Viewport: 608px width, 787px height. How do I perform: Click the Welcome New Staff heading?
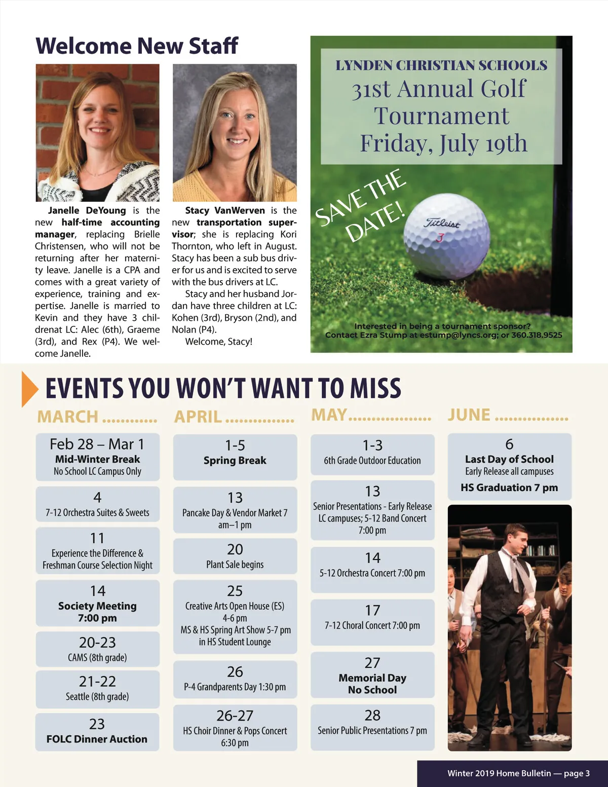click(x=136, y=46)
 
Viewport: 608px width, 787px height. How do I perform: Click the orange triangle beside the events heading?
click(x=29, y=389)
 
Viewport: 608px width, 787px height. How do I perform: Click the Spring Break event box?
click(x=235, y=456)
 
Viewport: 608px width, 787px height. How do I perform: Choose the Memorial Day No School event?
click(x=372, y=676)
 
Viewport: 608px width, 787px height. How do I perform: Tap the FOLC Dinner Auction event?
click(x=97, y=732)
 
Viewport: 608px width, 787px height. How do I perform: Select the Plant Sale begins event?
click(x=235, y=556)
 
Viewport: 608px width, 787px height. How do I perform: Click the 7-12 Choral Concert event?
click(x=372, y=622)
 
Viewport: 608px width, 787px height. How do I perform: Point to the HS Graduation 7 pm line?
click(x=509, y=488)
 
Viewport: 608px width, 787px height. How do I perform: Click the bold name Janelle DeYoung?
click(x=87, y=210)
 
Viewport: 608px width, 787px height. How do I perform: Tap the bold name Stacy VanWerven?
click(x=225, y=210)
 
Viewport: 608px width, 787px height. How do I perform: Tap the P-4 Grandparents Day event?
click(x=235, y=679)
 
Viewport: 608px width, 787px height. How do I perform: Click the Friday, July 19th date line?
click(x=443, y=143)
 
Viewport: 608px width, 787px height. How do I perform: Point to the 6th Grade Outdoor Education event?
click(x=372, y=454)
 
